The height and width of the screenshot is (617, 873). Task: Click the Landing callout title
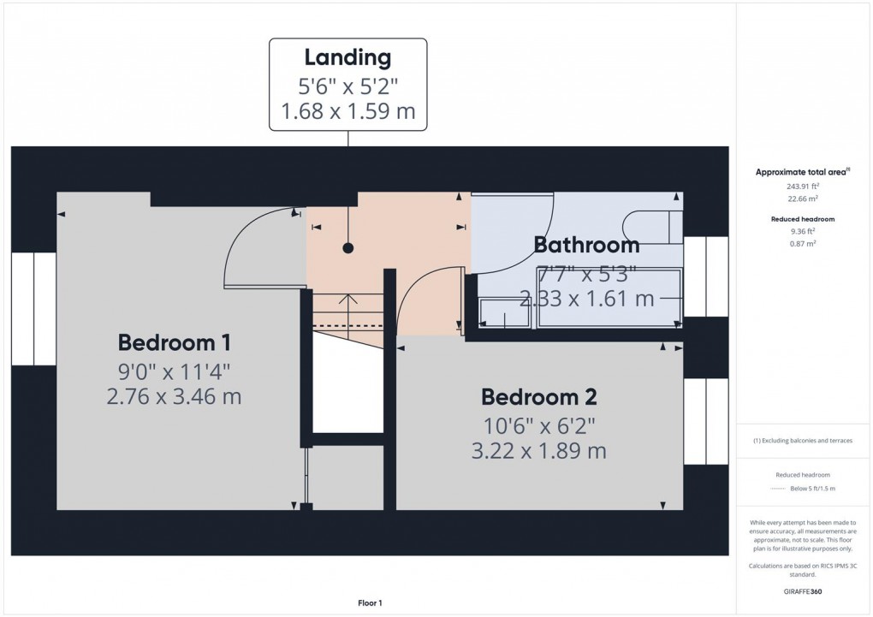[347, 58]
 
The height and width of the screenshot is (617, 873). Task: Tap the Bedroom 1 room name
[174, 343]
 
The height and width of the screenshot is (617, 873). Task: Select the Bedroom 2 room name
[538, 397]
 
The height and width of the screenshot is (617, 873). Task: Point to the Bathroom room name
[586, 245]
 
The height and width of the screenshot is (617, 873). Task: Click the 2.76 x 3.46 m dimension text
[174, 396]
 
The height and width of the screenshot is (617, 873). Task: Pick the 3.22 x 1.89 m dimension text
[538, 450]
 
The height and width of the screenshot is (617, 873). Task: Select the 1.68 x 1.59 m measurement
[347, 111]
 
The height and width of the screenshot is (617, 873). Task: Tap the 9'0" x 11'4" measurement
[174, 371]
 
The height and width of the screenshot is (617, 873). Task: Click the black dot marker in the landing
[347, 248]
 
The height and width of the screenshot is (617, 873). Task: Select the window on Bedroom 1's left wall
[33, 308]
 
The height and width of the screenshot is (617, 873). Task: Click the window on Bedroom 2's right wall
[705, 420]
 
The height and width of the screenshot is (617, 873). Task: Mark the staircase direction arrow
[347, 300]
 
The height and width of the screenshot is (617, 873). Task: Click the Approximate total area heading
[802, 172]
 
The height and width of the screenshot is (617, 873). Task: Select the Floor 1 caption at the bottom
[370, 603]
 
